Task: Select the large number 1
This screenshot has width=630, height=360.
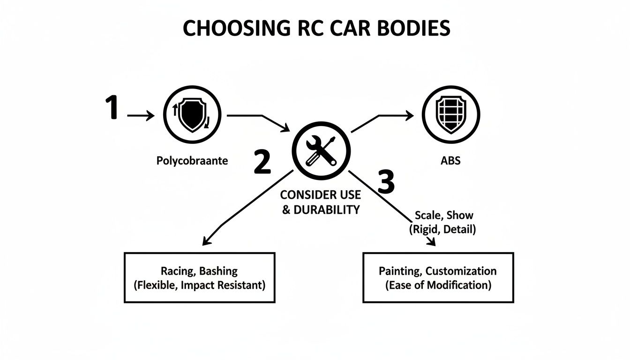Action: click(x=111, y=107)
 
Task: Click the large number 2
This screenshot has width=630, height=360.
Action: click(x=262, y=162)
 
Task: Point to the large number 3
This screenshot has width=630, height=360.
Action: click(x=386, y=182)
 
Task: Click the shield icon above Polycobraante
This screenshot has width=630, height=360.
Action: click(x=192, y=115)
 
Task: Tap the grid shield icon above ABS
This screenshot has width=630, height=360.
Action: click(x=451, y=115)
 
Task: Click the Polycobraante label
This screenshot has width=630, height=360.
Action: click(x=192, y=161)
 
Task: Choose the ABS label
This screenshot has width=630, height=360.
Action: click(x=451, y=161)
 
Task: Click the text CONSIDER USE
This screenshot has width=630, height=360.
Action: click(x=321, y=195)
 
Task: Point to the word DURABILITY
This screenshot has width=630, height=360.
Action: click(x=327, y=210)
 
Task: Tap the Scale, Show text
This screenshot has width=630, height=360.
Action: click(x=444, y=216)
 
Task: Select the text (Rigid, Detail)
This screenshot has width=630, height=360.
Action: click(x=442, y=230)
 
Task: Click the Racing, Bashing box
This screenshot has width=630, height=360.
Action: click(x=199, y=277)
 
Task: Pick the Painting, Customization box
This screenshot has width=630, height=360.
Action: click(x=438, y=277)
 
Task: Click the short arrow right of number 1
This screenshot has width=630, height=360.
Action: click(x=141, y=115)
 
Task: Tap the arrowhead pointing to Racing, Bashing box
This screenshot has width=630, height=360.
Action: click(x=205, y=241)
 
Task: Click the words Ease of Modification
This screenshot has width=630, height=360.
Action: click(x=438, y=285)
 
